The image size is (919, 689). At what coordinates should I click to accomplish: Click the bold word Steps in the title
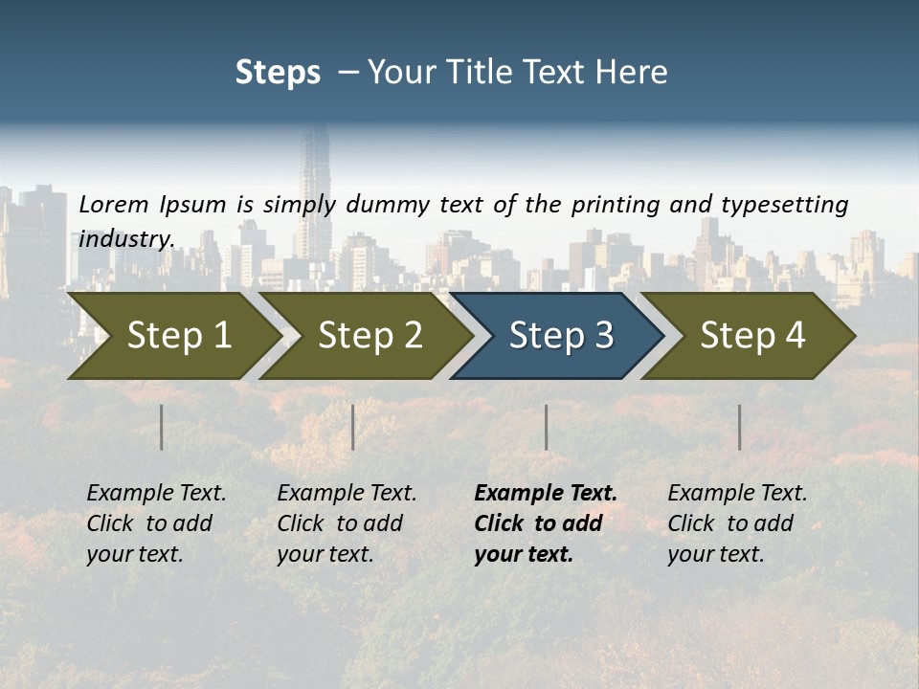(278, 73)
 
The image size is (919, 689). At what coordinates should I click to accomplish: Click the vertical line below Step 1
(162, 427)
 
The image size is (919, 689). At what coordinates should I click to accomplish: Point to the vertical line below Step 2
(353, 427)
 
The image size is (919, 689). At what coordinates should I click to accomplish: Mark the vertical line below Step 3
(547, 427)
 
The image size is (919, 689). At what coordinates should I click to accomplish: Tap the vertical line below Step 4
(740, 427)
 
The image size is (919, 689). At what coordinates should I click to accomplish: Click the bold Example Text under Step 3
(545, 523)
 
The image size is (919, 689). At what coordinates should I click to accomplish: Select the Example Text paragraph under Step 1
(156, 523)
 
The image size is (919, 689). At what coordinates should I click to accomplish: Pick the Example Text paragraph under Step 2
(347, 523)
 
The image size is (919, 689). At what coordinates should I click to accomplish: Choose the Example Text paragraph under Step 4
(737, 523)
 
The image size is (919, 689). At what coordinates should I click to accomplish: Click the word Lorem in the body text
(114, 205)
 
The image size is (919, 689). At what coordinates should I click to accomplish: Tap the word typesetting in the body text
(784, 205)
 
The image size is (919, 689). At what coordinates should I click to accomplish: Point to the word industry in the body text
(125, 239)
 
